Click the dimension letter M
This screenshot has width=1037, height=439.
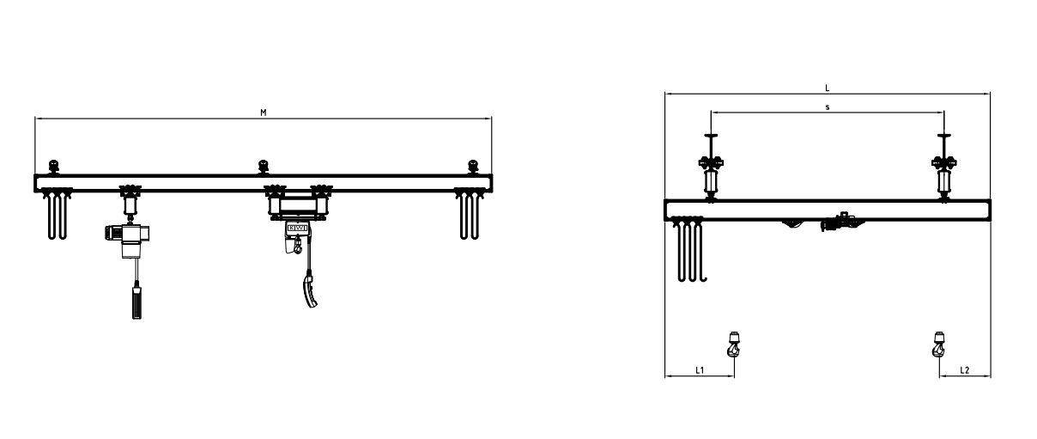tap(263, 113)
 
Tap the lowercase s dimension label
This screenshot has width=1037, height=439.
tap(826, 107)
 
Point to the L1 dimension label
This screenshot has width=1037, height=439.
tap(699, 369)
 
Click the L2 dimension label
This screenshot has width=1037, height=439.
tap(964, 369)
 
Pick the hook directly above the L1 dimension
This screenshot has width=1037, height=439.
tap(733, 344)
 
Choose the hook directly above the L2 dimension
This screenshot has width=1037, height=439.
tap(937, 344)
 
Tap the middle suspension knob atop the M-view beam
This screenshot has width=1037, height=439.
tap(263, 166)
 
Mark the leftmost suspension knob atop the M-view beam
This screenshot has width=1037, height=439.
tap(53, 166)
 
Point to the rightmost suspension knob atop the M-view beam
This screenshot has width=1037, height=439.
tap(471, 166)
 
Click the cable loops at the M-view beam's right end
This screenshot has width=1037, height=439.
tap(468, 216)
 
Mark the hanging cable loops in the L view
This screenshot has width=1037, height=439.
tap(689, 249)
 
